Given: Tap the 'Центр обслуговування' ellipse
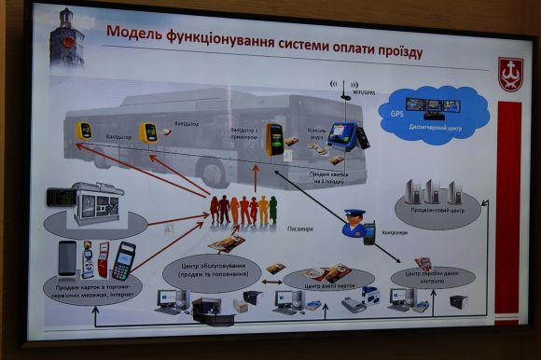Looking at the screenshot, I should coord(213,272).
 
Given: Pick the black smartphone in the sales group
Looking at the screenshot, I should coord(67,257).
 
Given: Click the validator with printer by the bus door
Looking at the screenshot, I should coord(275,138).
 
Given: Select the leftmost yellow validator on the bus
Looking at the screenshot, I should coord(84,131).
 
